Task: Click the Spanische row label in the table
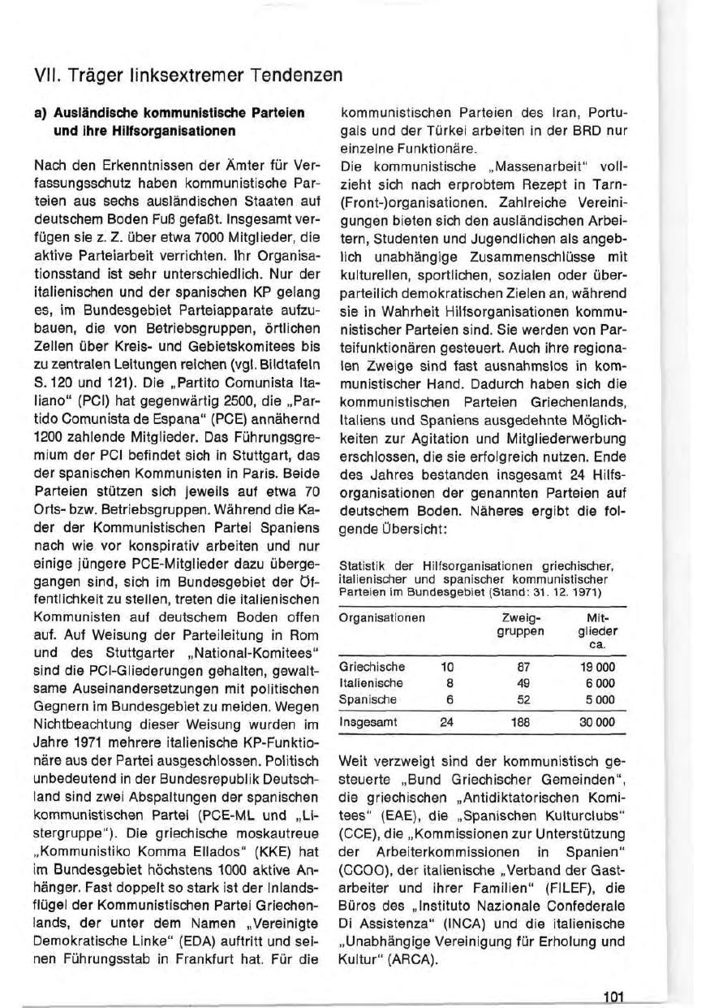[x=361, y=699]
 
